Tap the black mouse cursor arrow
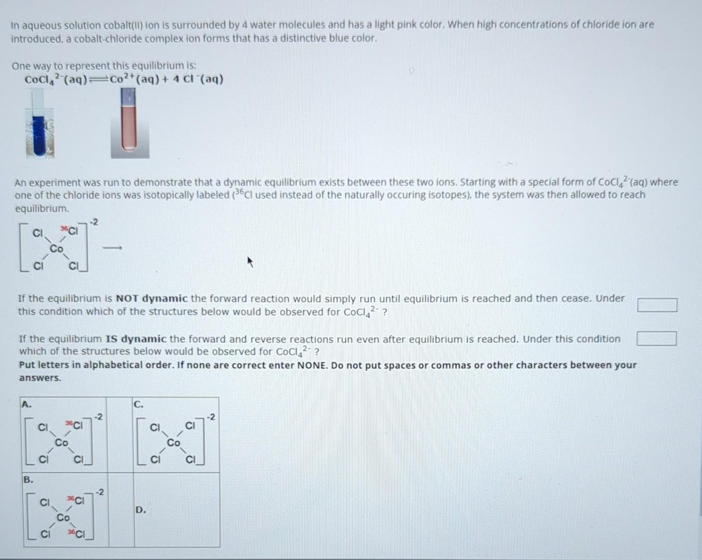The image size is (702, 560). [250, 262]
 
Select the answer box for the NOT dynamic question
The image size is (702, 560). [657, 305]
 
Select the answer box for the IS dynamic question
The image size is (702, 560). [657, 339]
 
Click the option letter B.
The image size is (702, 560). [27, 479]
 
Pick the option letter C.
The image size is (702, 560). [138, 404]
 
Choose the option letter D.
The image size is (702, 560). [141, 510]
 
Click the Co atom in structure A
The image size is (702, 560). [62, 443]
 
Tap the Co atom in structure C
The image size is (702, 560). [174, 443]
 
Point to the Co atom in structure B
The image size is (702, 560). [63, 517]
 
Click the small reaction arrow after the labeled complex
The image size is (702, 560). [113, 249]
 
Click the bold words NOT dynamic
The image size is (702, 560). [151, 299]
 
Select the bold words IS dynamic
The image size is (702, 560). [136, 339]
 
